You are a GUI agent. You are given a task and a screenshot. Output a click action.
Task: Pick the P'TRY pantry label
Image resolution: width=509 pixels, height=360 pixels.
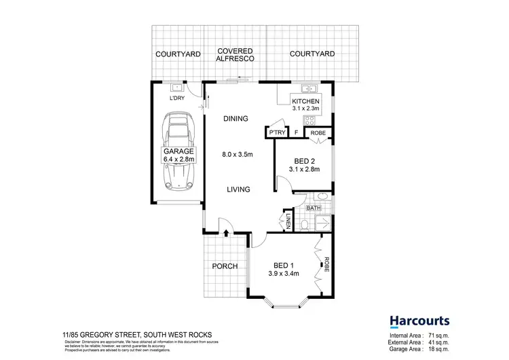[276, 133]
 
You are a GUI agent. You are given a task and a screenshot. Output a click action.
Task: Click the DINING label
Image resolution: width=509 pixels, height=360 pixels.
[235, 119]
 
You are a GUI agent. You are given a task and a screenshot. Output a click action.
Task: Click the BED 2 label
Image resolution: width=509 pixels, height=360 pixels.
[303, 165]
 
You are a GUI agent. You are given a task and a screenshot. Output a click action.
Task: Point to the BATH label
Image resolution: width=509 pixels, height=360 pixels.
[314, 208]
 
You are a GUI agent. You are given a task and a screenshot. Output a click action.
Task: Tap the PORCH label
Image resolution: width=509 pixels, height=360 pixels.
[225, 266]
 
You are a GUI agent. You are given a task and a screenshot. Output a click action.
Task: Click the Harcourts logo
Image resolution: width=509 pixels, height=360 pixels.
[419, 321]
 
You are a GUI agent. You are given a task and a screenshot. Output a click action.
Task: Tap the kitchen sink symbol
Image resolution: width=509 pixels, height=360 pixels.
[309, 88]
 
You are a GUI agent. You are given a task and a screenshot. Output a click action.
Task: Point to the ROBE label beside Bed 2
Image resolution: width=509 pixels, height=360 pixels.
[319, 133]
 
